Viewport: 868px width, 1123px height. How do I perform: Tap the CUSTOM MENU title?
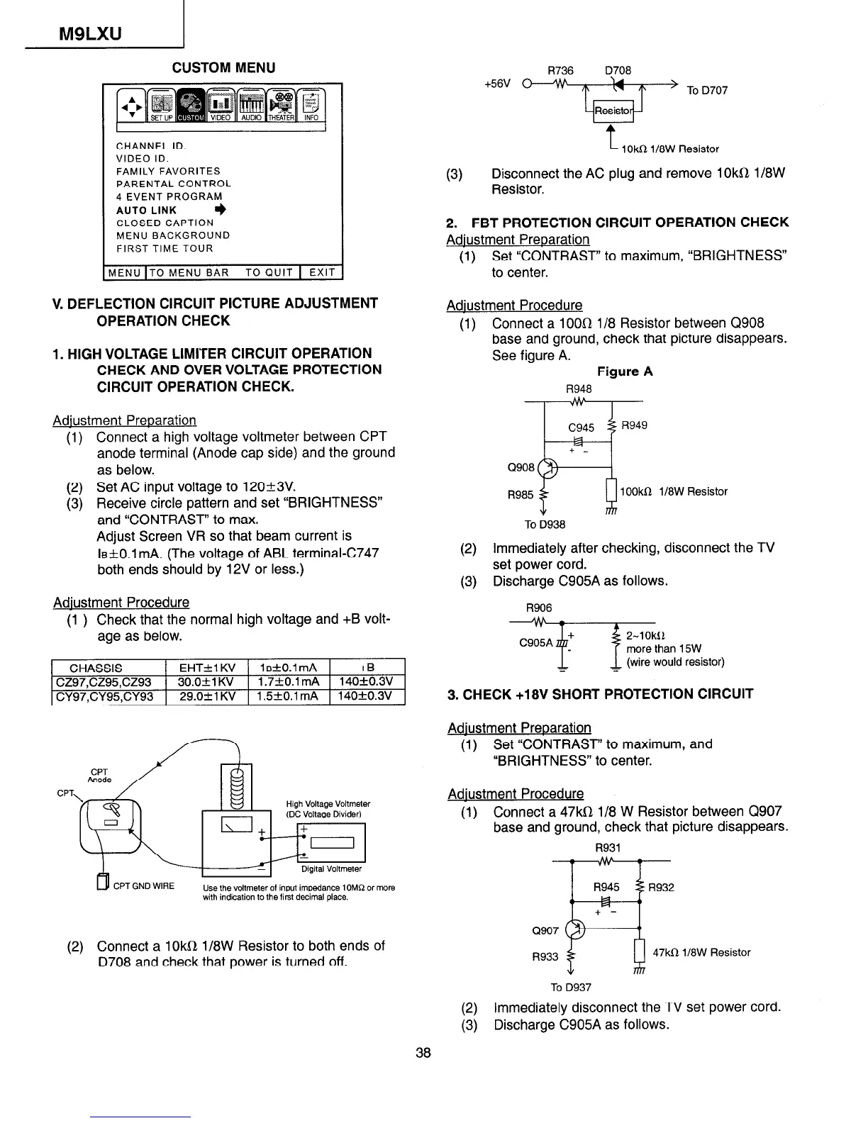(x=223, y=67)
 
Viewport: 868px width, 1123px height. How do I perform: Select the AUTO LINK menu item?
(x=147, y=210)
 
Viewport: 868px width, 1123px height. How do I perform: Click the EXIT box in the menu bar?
(x=321, y=272)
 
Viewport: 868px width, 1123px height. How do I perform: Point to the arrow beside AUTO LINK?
(x=221, y=210)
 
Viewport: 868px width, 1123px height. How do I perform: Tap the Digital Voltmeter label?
(x=331, y=868)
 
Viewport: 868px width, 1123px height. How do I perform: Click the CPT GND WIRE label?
(x=144, y=886)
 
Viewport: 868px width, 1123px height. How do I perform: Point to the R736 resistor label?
(x=560, y=70)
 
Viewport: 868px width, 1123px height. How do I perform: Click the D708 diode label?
(x=618, y=70)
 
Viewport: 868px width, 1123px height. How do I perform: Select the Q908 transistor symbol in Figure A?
(x=548, y=468)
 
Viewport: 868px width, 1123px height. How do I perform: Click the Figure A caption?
(x=625, y=371)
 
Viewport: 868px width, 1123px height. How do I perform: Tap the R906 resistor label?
(x=538, y=608)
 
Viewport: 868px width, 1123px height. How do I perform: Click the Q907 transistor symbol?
(x=579, y=929)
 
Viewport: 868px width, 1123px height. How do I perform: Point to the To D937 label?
(x=571, y=987)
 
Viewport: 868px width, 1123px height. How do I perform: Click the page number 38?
(x=423, y=1052)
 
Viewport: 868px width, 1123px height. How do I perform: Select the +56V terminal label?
(x=497, y=83)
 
